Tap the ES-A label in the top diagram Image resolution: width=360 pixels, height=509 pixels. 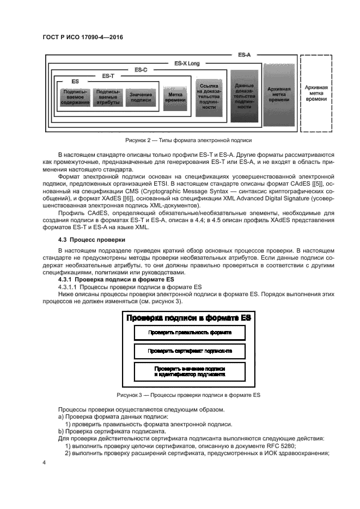coord(244,56)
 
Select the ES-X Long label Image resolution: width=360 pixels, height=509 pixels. coord(187,64)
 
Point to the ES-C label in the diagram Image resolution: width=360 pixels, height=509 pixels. coord(141,70)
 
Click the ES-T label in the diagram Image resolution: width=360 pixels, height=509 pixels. coord(108,76)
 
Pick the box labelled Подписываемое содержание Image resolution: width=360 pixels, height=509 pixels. coord(75,97)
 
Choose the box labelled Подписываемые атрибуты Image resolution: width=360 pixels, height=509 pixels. coord(108,97)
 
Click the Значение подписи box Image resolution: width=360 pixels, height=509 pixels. coord(141,97)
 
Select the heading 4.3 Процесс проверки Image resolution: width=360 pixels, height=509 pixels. coord(88,240)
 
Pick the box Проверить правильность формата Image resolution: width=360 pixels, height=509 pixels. coord(190,332)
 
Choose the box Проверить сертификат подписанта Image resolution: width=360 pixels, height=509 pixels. coord(190,351)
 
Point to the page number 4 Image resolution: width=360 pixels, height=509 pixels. coord(45,462)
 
